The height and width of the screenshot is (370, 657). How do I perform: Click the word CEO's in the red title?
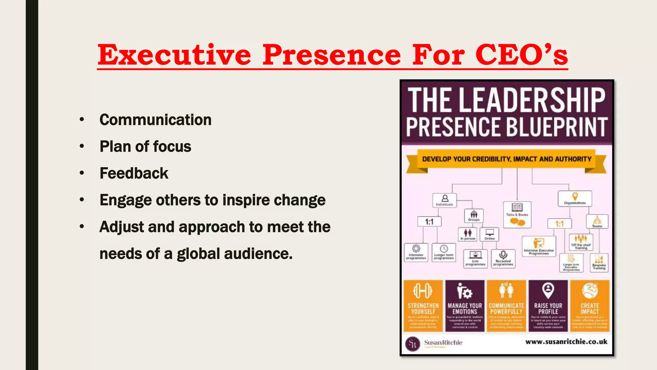(x=521, y=55)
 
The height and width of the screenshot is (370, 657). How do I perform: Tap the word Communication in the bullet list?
(x=155, y=120)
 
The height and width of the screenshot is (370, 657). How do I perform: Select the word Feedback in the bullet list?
(x=134, y=173)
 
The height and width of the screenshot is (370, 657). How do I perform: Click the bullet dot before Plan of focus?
(x=82, y=146)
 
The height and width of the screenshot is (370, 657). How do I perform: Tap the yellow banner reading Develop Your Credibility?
(x=506, y=159)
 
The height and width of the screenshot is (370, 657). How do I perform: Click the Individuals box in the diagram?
(x=444, y=200)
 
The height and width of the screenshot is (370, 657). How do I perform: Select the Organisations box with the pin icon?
(x=575, y=198)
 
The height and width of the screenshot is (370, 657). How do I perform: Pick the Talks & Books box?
(x=517, y=215)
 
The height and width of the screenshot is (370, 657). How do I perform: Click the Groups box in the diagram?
(x=474, y=216)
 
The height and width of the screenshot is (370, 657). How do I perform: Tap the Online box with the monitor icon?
(x=489, y=234)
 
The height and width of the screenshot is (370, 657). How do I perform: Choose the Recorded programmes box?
(x=503, y=259)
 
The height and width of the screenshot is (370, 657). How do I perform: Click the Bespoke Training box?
(x=599, y=263)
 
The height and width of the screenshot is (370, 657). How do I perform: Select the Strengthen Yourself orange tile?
(x=423, y=305)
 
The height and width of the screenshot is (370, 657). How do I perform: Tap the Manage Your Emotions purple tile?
(x=465, y=305)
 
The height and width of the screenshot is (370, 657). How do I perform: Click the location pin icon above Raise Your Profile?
(x=548, y=290)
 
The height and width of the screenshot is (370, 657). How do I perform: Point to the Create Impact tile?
(x=590, y=305)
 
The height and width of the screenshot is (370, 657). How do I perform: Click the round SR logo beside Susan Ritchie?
(x=413, y=344)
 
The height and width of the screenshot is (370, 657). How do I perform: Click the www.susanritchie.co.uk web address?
(x=566, y=342)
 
